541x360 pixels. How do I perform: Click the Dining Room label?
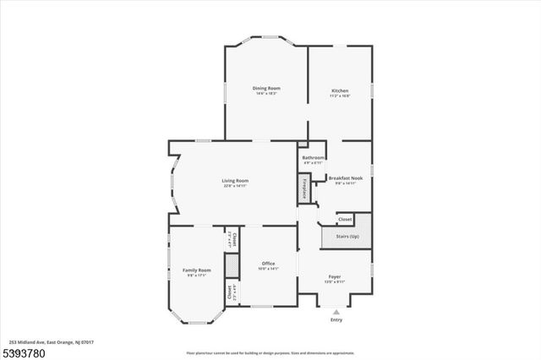pyautogui.click(x=266, y=88)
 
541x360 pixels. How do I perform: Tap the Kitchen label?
pyautogui.click(x=340, y=90)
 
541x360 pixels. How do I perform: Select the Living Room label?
pyautogui.click(x=235, y=180)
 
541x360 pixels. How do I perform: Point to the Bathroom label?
pyautogui.click(x=314, y=157)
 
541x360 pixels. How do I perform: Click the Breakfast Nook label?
pyautogui.click(x=347, y=177)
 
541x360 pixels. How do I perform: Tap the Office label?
pyautogui.click(x=268, y=263)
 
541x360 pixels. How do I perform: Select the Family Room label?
pyautogui.click(x=197, y=270)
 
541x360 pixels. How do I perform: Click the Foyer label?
pyautogui.click(x=335, y=276)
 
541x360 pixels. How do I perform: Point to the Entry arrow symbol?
pyautogui.click(x=336, y=312)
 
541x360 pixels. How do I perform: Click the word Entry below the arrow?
pyautogui.click(x=336, y=319)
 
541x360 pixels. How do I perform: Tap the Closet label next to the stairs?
pyautogui.click(x=345, y=219)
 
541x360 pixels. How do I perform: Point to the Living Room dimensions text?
pyautogui.click(x=235, y=185)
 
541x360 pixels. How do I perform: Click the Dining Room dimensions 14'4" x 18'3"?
pyautogui.click(x=266, y=93)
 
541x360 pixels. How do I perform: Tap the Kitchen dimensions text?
pyautogui.click(x=340, y=95)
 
